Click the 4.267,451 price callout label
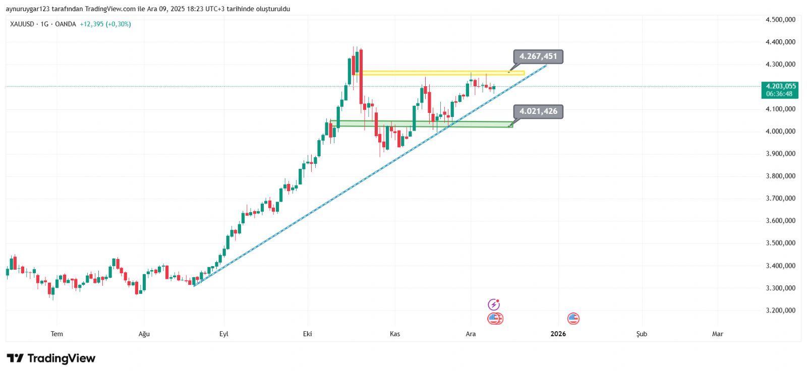pyautogui.click(x=538, y=56)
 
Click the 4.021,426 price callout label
pyautogui.click(x=538, y=111)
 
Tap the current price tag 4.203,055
pyautogui.click(x=780, y=87)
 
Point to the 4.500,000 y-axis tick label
pyautogui.click(x=780, y=20)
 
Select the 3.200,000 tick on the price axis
pyautogui.click(x=780, y=310)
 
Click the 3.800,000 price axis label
pyautogui.click(x=780, y=176)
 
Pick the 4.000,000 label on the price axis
pyautogui.click(x=780, y=131)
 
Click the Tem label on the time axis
pyautogui.click(x=57, y=334)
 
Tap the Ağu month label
pyautogui.click(x=144, y=334)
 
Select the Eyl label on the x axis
pyautogui.click(x=224, y=334)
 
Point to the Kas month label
pyautogui.click(x=395, y=334)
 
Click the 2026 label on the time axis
pyautogui.click(x=558, y=334)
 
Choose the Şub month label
pyautogui.click(x=642, y=334)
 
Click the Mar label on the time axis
pyautogui.click(x=717, y=334)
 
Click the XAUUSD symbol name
pyautogui.click(x=22, y=24)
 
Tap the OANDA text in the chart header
pyautogui.click(x=66, y=24)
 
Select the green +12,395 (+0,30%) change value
pyautogui.click(x=105, y=24)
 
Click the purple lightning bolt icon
pyautogui.click(x=494, y=304)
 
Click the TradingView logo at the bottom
pyautogui.click(x=51, y=358)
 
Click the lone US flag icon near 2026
pyautogui.click(x=573, y=319)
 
